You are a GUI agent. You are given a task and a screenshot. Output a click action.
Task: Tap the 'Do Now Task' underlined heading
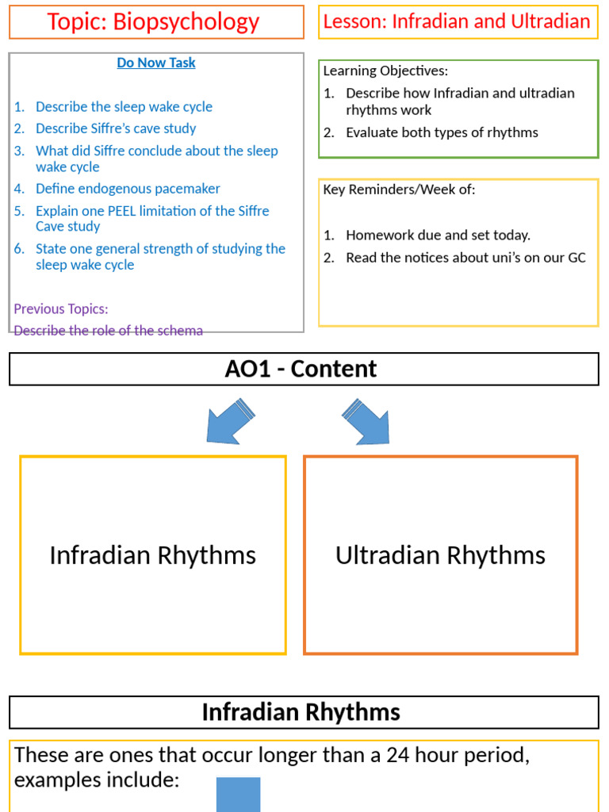[x=156, y=63]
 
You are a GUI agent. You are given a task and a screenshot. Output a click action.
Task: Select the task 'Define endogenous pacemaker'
[x=128, y=189]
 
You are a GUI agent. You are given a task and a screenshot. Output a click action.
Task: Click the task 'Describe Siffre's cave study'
[x=116, y=128]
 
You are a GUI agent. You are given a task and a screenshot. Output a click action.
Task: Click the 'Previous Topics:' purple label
[x=61, y=308]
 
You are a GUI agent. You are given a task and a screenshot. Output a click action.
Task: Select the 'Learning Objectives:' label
[x=385, y=71]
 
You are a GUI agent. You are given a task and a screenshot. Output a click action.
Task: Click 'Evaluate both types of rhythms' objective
[x=442, y=132]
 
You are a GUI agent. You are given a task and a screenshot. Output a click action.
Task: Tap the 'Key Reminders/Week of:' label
[x=399, y=190]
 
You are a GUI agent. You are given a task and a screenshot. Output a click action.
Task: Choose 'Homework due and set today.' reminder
[x=438, y=235]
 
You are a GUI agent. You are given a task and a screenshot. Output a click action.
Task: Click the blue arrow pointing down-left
[x=230, y=421]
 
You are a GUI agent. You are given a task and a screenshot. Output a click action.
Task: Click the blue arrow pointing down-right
[x=366, y=421]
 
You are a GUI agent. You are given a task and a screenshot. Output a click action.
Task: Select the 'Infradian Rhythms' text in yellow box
[x=152, y=555]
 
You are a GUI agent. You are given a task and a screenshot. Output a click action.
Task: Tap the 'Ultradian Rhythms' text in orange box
[x=440, y=555]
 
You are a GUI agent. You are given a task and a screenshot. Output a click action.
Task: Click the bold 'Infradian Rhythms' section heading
[x=301, y=712]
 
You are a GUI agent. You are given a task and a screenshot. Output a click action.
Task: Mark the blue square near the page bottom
[x=238, y=795]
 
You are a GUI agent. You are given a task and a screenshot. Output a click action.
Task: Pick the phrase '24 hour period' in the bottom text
[x=454, y=755]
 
